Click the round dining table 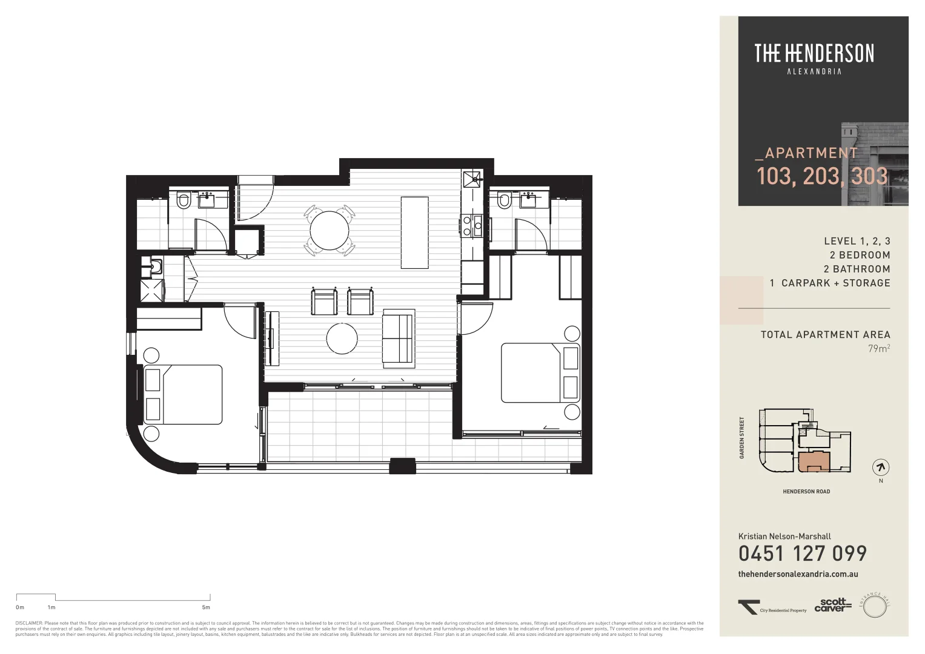tap(330, 230)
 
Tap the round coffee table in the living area tap(342, 339)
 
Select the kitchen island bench tap(414, 233)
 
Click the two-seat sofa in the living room tap(398, 339)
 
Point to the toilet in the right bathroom tap(503, 200)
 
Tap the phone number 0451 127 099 tap(802, 553)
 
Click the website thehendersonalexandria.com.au tap(798, 574)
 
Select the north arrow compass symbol tap(881, 467)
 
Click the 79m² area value tap(879, 349)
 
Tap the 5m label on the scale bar tap(206, 607)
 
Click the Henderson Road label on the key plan tap(806, 492)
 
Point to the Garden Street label tap(741, 438)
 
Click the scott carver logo tap(832, 605)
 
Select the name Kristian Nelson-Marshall tap(784, 537)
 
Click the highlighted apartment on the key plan tap(811, 461)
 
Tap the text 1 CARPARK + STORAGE tap(829, 283)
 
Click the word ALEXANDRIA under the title tap(814, 71)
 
